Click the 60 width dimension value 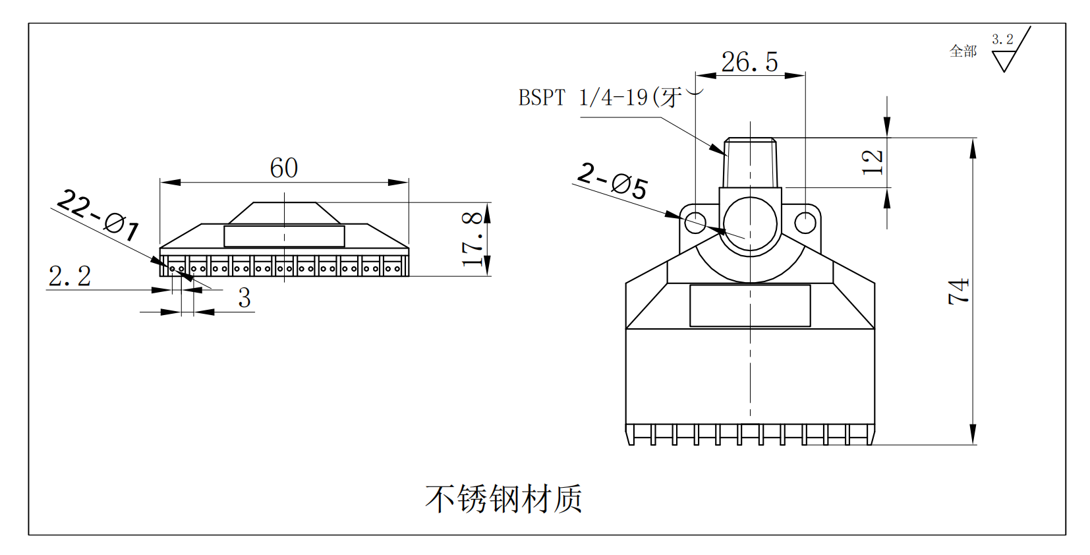pyautogui.click(x=284, y=168)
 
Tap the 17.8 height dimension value pyautogui.click(x=473, y=239)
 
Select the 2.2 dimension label pyautogui.click(x=70, y=276)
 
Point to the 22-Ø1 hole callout pyautogui.click(x=98, y=214)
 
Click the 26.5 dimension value pyautogui.click(x=749, y=62)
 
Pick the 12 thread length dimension pyautogui.click(x=873, y=162)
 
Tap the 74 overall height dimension pyautogui.click(x=960, y=291)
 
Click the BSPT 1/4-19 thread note pyautogui.click(x=600, y=98)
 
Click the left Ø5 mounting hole pyautogui.click(x=695, y=222)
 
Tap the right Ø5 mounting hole pyautogui.click(x=805, y=223)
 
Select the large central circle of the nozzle pyautogui.click(x=750, y=224)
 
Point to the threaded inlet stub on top pyautogui.click(x=750, y=163)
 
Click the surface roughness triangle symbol pyautogui.click(x=1005, y=61)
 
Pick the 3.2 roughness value pyautogui.click(x=1002, y=40)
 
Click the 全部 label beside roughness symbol pyautogui.click(x=963, y=51)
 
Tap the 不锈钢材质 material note pyautogui.click(x=504, y=499)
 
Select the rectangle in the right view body pyautogui.click(x=750, y=305)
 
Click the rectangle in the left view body pyautogui.click(x=284, y=236)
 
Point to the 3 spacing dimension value pyautogui.click(x=244, y=298)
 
